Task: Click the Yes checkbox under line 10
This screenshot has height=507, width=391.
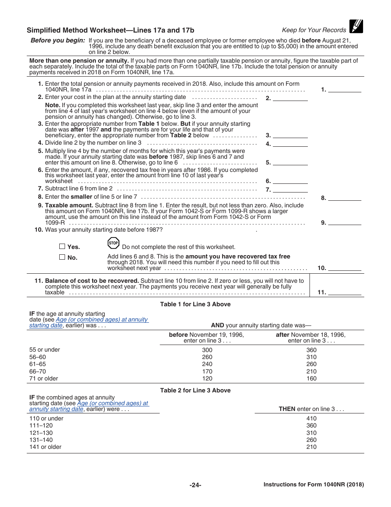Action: point(62,246)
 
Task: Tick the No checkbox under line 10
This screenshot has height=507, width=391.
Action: point(62,257)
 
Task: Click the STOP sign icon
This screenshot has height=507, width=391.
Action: point(113,243)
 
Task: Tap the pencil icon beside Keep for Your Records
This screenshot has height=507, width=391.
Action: point(356,26)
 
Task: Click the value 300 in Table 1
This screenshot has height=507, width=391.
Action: point(207,350)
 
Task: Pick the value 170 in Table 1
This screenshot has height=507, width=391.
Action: point(207,371)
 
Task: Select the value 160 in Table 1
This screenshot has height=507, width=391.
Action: point(312,378)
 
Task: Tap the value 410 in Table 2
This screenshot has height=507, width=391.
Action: point(312,418)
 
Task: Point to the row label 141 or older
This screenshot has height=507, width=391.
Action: point(45,447)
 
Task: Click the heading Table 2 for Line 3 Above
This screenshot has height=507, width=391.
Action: point(195,390)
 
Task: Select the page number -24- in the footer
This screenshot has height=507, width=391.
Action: point(195,485)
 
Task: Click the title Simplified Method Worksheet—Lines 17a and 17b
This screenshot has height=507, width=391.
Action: point(110,30)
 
